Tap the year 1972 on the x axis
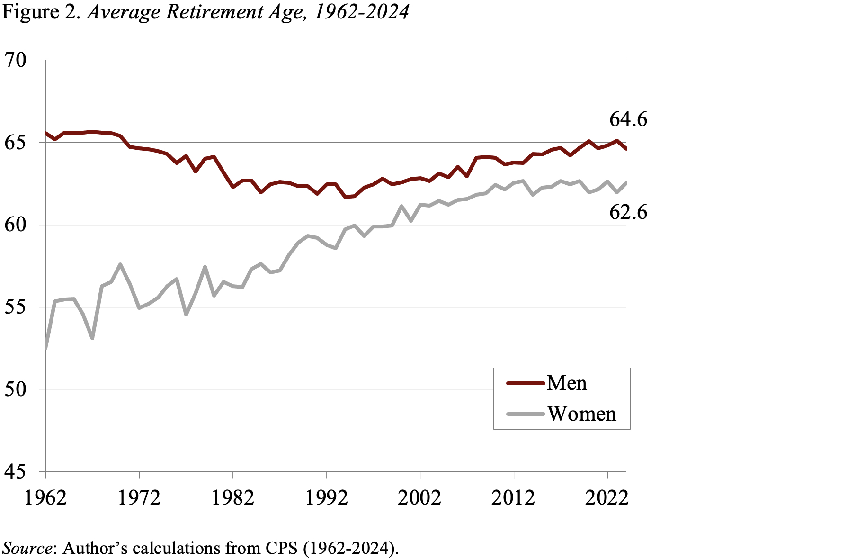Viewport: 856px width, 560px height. tap(140, 498)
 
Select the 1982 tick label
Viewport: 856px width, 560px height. tap(233, 498)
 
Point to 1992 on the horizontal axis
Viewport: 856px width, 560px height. tap(326, 498)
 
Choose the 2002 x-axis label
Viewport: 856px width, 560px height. tap(420, 498)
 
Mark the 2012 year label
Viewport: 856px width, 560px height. tap(513, 498)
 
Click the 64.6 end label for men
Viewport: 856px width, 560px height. tap(628, 119)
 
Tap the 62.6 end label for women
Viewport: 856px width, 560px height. tap(628, 212)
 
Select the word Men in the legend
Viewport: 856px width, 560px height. tap(567, 383)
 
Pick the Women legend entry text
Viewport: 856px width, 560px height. tap(582, 414)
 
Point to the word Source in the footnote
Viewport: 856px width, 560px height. tap(27, 548)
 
